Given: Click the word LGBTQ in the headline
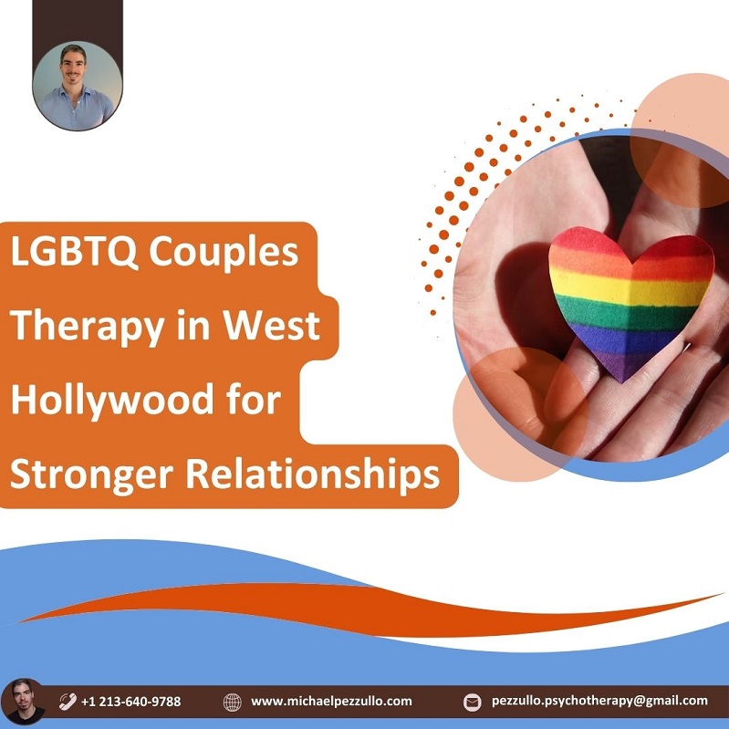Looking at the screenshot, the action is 75,252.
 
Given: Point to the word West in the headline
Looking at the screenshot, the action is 272,325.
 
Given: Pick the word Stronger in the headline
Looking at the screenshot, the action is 91,475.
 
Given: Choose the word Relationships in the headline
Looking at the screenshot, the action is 313,474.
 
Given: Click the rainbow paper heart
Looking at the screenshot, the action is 630,300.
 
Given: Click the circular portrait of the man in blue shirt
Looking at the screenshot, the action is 78,87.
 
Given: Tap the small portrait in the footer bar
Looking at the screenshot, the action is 23,701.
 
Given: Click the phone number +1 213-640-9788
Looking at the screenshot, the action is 130,701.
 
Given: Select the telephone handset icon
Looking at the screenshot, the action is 68,701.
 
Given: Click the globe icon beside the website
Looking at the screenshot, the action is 232,702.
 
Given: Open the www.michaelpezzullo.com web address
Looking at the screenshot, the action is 331,701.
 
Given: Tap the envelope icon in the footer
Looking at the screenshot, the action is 473,702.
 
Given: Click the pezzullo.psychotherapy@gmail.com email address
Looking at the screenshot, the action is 599,701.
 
